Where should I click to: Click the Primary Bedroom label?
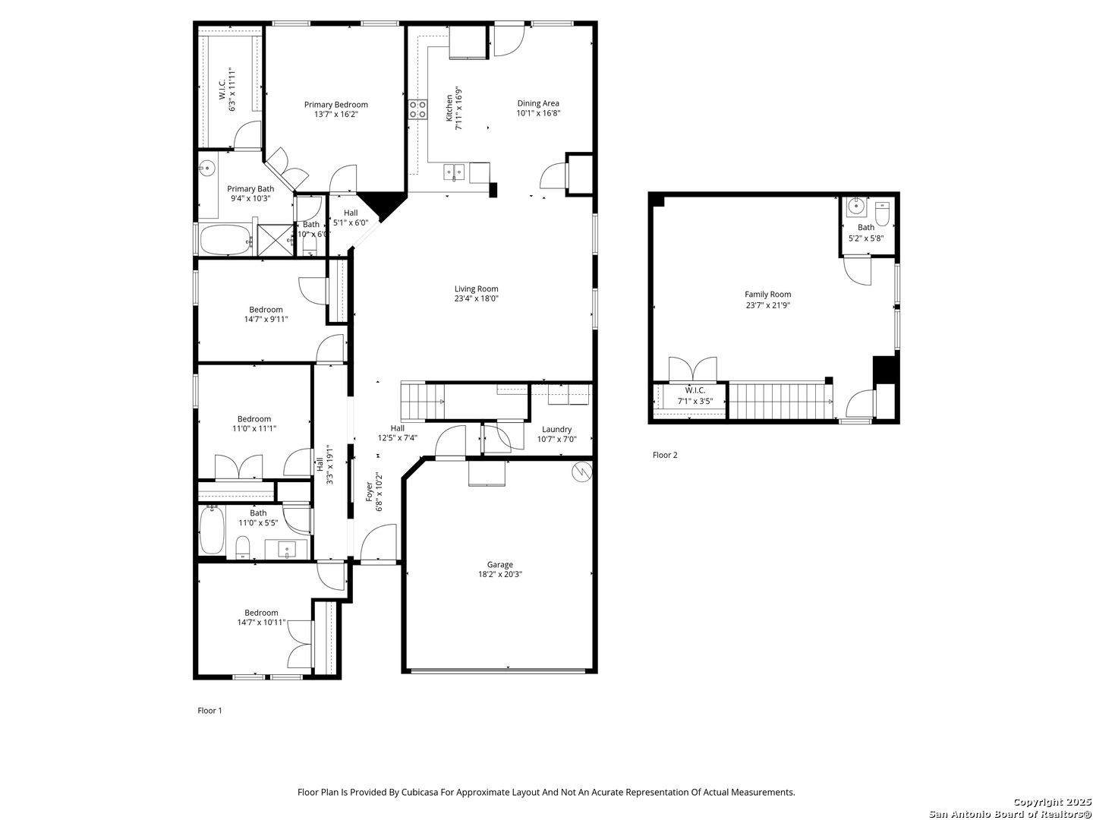(x=336, y=105)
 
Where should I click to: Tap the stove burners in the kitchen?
(x=417, y=109)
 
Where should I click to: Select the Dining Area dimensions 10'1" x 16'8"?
(x=538, y=113)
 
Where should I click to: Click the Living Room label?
(x=476, y=289)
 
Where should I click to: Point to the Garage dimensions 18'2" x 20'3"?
(x=500, y=574)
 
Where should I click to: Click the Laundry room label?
(x=556, y=429)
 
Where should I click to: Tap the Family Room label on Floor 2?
(x=767, y=295)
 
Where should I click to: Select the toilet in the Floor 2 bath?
(x=882, y=213)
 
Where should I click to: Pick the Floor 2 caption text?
(x=665, y=455)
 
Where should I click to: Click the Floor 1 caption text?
(x=209, y=711)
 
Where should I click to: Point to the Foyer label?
(x=370, y=491)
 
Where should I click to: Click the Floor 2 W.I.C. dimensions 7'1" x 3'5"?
(x=695, y=402)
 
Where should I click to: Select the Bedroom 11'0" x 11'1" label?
(x=254, y=419)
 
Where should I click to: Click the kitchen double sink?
(x=454, y=172)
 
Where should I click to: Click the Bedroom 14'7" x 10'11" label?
(x=261, y=613)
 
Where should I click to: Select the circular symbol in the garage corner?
(x=581, y=471)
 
